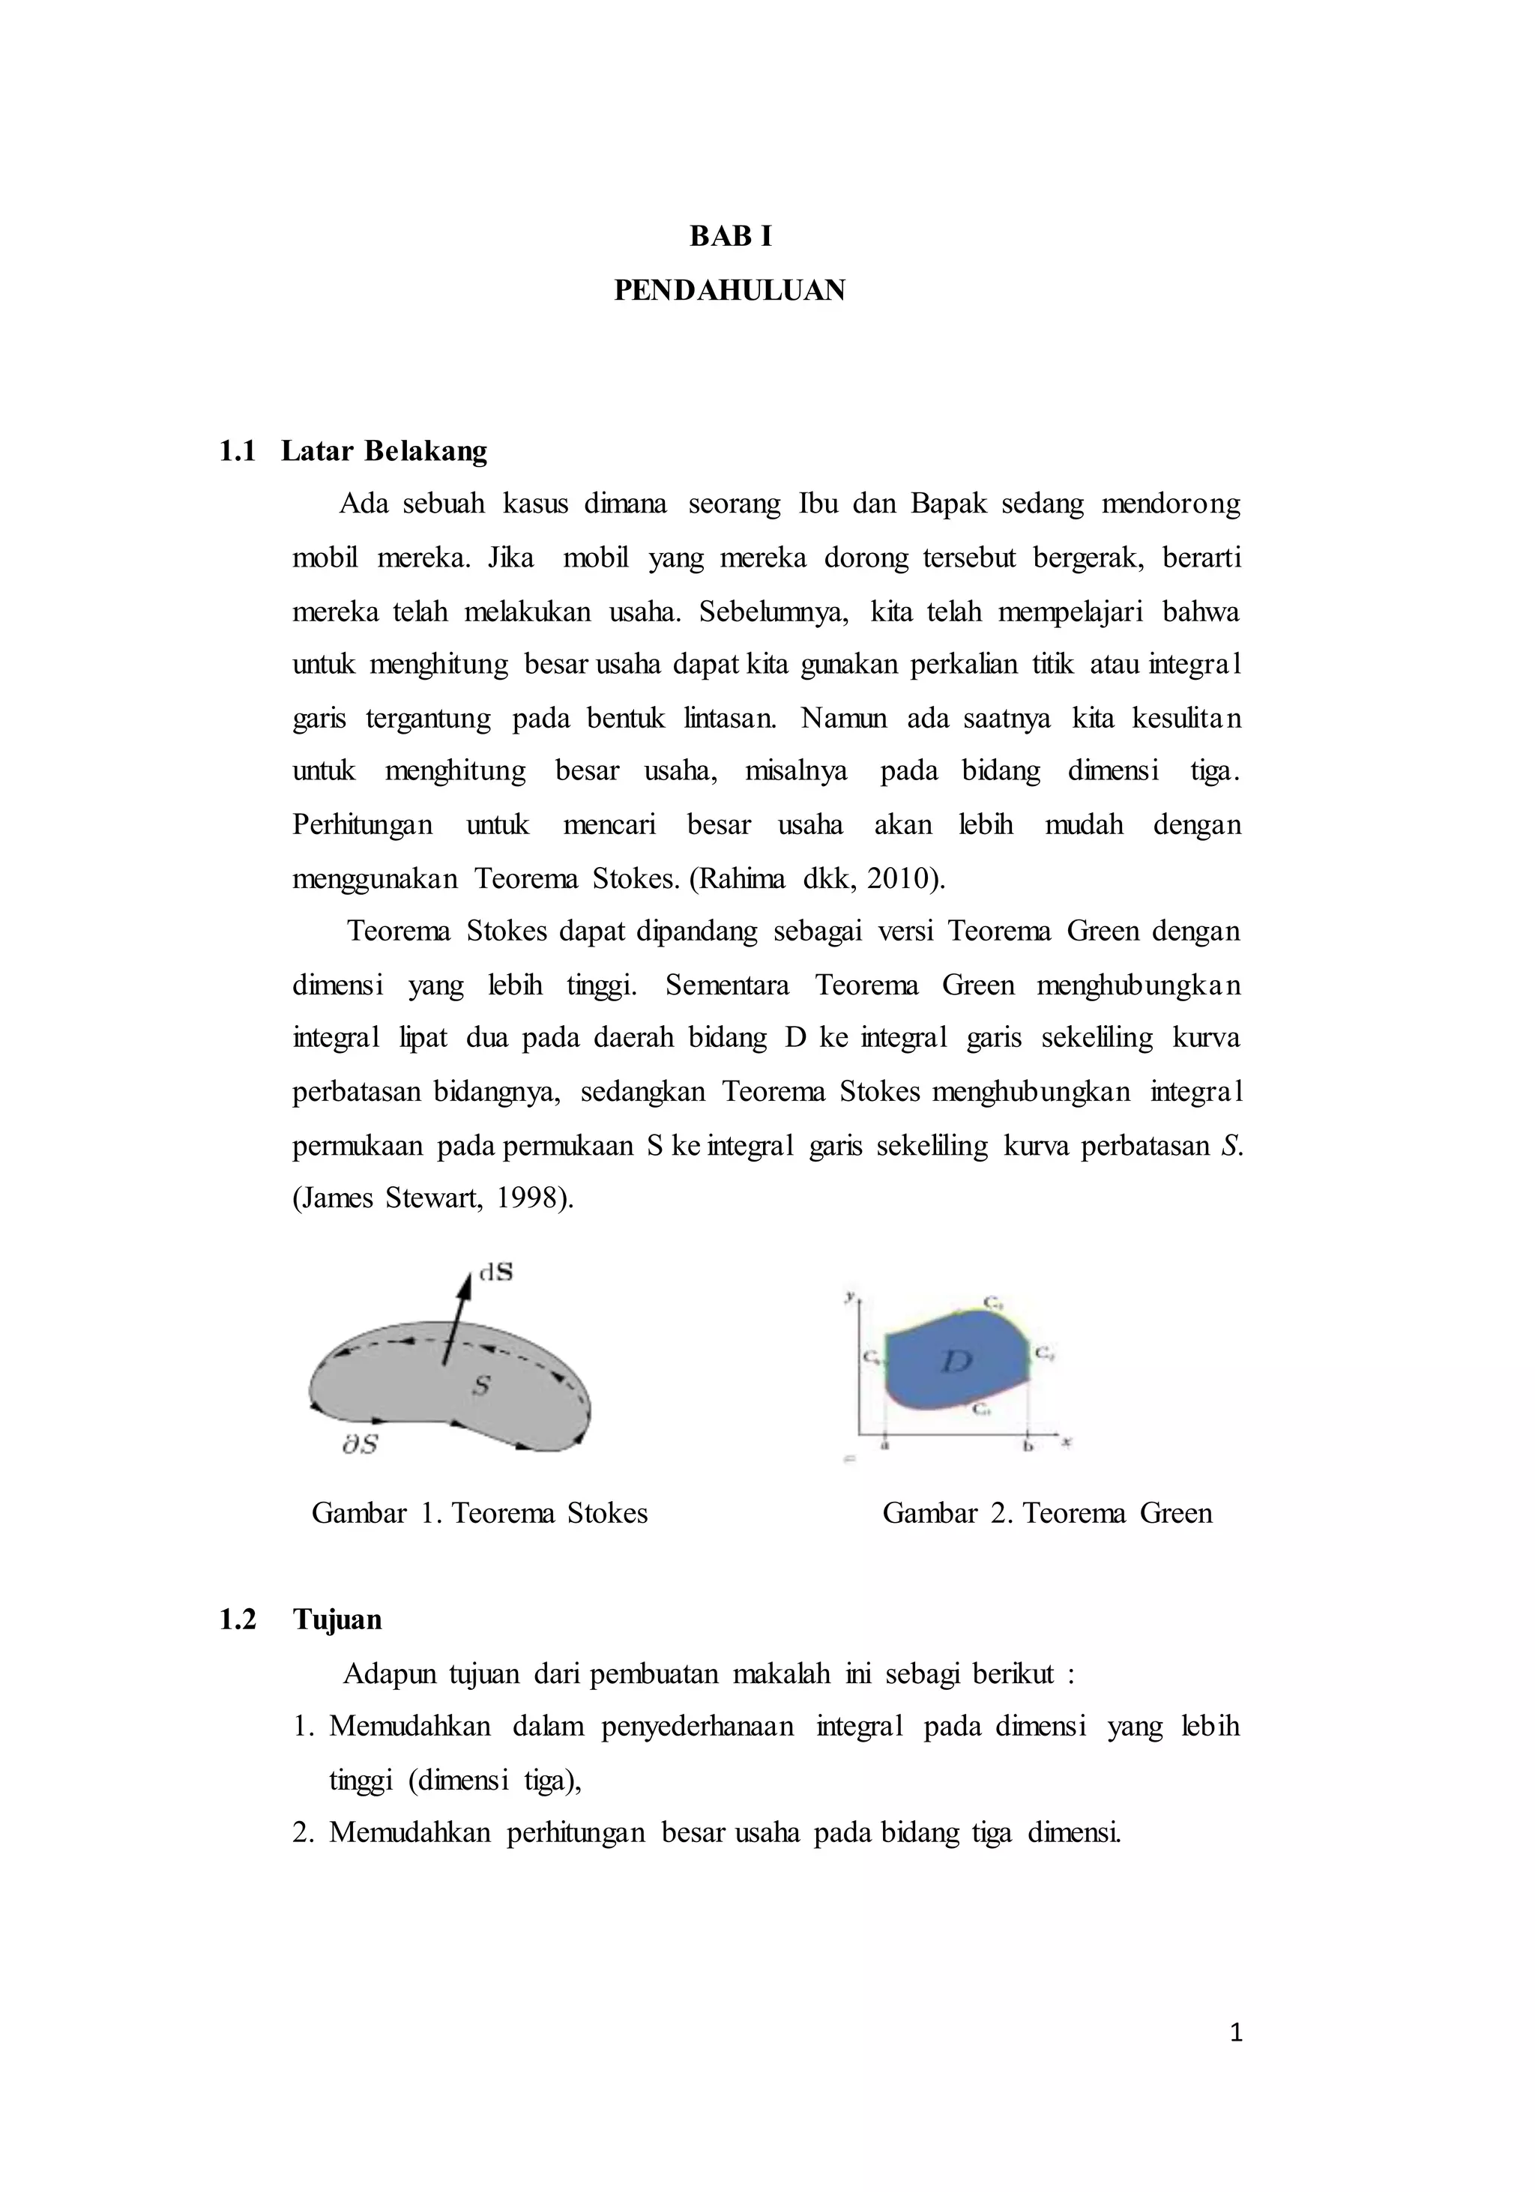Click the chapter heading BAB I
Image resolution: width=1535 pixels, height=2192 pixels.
coord(730,237)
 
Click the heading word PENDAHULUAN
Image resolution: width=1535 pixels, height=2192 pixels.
coord(729,290)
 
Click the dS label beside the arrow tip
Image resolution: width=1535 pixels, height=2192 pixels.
coord(495,1272)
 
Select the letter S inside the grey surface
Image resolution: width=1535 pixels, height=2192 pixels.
coord(481,1386)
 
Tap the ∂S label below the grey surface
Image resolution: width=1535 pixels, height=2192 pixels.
coord(360,1444)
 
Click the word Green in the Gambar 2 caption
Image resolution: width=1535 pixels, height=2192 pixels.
coord(1175,1513)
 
